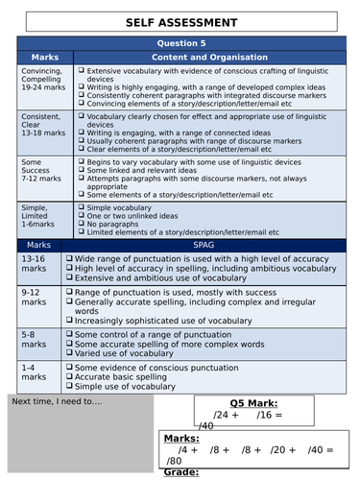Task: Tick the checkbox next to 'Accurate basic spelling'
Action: pos(67,376)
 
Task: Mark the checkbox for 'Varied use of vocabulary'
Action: pos(67,352)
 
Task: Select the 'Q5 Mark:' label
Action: pos(251,404)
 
